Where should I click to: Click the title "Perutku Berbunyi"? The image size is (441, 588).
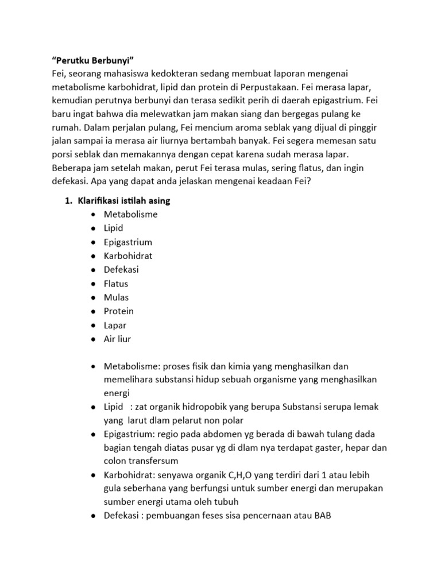point(92,61)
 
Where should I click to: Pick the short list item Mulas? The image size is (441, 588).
point(116,297)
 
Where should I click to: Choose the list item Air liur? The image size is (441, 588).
point(117,339)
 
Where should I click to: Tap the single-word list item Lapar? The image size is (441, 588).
point(115,325)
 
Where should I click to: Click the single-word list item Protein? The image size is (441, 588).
point(118,311)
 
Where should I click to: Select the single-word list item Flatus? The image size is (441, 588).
point(116,284)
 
